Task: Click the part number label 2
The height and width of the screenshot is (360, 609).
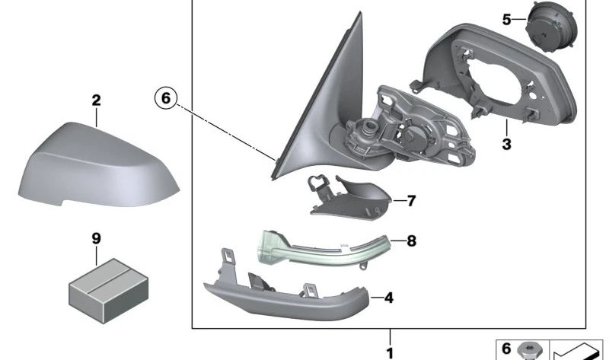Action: (x=96, y=100)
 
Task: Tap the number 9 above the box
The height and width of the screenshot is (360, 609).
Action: (x=96, y=239)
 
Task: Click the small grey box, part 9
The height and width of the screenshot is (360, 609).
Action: (x=97, y=279)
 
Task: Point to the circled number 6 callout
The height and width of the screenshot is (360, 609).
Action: (x=166, y=98)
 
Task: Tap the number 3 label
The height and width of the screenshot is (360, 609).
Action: (x=506, y=142)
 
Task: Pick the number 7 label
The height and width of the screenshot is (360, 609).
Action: (x=411, y=201)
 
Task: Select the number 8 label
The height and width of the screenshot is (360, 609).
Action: (x=412, y=241)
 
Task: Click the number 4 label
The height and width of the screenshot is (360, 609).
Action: (x=388, y=298)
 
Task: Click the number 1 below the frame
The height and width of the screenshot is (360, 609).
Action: (x=390, y=352)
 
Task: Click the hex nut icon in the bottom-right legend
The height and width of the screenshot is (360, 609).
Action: (x=528, y=349)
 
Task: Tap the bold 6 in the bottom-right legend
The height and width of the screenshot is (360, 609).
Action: (x=507, y=349)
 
